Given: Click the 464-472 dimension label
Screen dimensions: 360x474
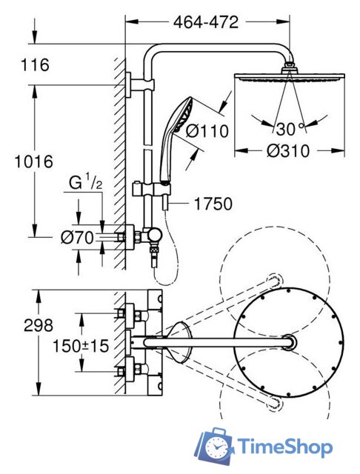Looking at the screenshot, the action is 206,22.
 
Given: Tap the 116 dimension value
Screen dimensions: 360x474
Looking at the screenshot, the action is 35,64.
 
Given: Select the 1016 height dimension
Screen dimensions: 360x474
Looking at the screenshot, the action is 34,161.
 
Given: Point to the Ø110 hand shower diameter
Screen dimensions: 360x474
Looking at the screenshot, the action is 207,132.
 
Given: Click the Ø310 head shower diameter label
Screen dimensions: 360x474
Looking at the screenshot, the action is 288,150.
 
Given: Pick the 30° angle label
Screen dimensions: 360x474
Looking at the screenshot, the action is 290,129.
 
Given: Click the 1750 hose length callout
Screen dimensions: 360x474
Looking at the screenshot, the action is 213,204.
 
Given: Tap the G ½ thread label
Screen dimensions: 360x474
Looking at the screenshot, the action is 85,184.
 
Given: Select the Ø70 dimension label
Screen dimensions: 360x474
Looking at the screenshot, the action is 77,238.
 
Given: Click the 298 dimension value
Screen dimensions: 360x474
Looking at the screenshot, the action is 39,325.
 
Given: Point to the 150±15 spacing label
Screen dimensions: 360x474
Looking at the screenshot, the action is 81,346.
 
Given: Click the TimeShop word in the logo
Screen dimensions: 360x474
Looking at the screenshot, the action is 284,447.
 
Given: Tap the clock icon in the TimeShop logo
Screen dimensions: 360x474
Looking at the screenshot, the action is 216,447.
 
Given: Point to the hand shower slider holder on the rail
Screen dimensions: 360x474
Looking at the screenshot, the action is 151,190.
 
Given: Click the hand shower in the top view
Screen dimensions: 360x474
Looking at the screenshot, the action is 179,342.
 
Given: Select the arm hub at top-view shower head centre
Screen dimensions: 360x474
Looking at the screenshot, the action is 290,342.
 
